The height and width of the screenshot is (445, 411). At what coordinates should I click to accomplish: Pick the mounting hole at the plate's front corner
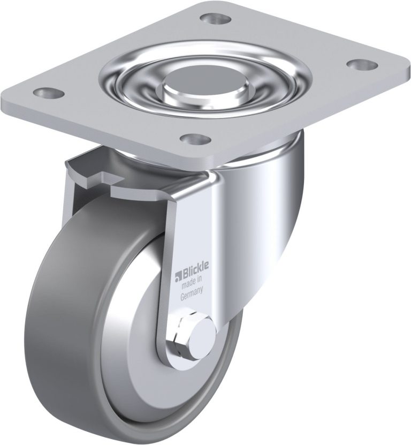click(x=196, y=139)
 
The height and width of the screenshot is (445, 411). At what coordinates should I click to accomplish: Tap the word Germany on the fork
click(x=192, y=292)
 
